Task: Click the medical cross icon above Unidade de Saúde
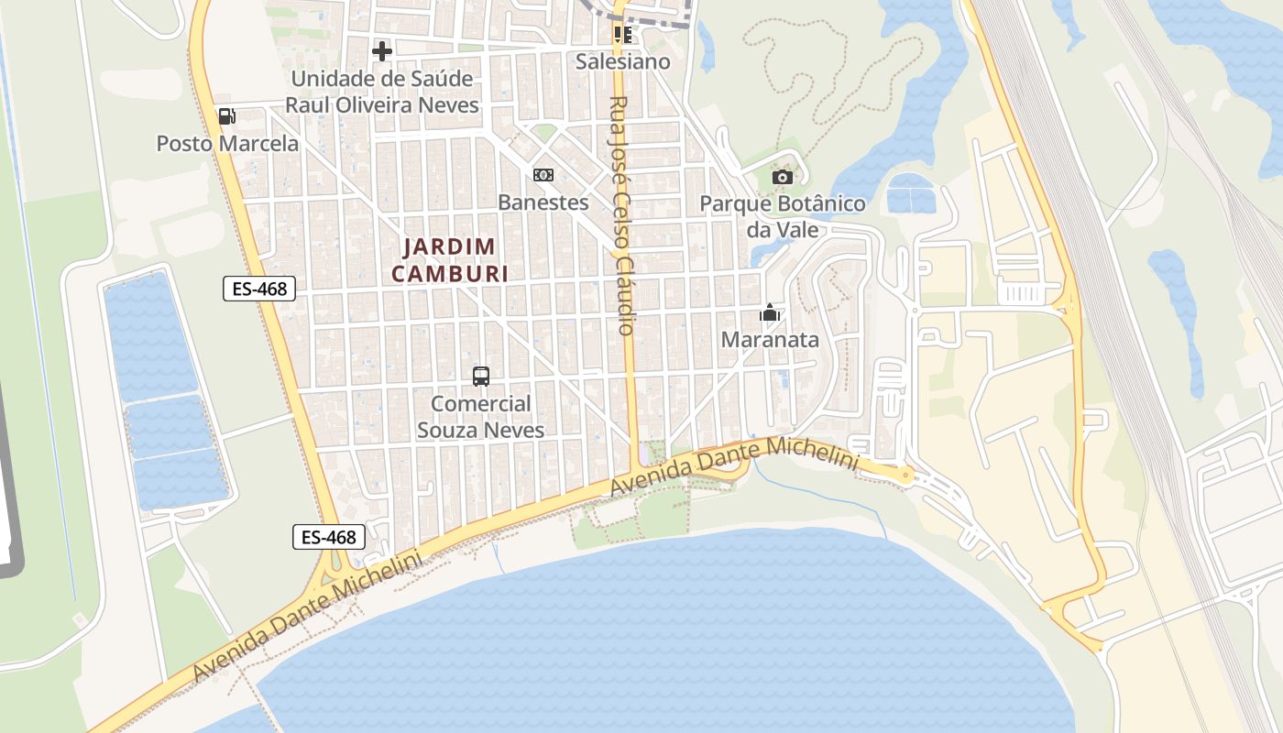(x=382, y=50)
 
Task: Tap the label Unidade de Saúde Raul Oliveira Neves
(x=381, y=92)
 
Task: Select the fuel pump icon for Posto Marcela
(x=226, y=115)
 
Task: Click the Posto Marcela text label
(x=227, y=144)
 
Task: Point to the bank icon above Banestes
(x=543, y=175)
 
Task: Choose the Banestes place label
(x=543, y=202)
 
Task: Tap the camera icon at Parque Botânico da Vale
(x=782, y=177)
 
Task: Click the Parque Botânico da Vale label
(x=782, y=216)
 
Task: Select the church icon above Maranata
(x=770, y=313)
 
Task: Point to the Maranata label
(x=770, y=340)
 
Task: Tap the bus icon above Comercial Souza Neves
(x=481, y=376)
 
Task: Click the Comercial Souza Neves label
(x=481, y=417)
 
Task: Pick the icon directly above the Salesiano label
(x=623, y=35)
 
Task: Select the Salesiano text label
(x=623, y=61)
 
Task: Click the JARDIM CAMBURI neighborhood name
(x=450, y=260)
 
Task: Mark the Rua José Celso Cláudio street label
(x=621, y=215)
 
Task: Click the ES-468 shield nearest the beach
(x=329, y=537)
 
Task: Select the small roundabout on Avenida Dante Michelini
(x=905, y=475)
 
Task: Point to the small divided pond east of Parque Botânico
(x=912, y=192)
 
